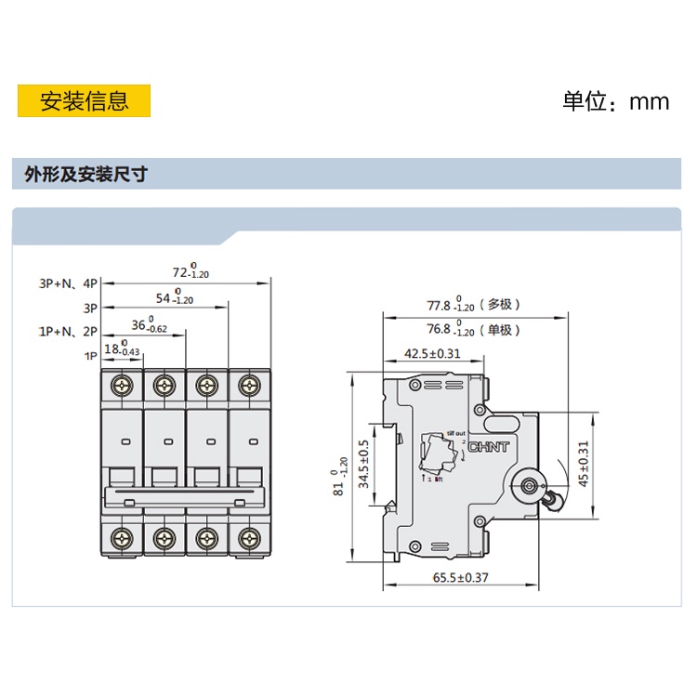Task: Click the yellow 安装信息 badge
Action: (x=84, y=100)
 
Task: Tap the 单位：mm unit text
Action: (x=615, y=100)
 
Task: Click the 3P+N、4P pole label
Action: (x=68, y=283)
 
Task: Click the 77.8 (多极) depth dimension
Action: (x=474, y=305)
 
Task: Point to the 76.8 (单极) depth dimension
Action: (x=474, y=329)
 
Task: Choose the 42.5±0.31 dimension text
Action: (x=432, y=353)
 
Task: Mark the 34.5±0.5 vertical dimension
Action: (x=364, y=464)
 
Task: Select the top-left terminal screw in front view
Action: (x=122, y=384)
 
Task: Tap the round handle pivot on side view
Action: (x=531, y=485)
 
